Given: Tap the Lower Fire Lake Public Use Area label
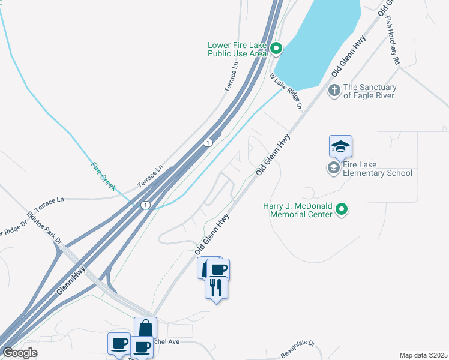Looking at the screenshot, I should pyautogui.click(x=237, y=49).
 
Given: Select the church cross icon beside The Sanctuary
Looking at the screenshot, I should pyautogui.click(x=334, y=91).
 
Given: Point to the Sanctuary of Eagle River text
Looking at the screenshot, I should pyautogui.click(x=370, y=91).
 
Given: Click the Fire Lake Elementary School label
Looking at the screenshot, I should pyautogui.click(x=377, y=169).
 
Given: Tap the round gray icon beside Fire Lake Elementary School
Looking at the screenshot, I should pyautogui.click(x=333, y=168).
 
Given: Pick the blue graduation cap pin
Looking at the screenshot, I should pyautogui.click(x=340, y=146).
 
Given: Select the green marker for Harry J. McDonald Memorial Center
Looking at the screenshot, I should pyautogui.click(x=342, y=209).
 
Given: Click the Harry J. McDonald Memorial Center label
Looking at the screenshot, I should pyautogui.click(x=298, y=210).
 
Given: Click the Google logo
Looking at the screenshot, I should pyautogui.click(x=20, y=353).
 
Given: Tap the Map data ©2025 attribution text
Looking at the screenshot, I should pyautogui.click(x=423, y=355).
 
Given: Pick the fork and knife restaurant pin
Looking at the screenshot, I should pyautogui.click(x=216, y=287).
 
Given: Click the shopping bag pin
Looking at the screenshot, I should pyautogui.click(x=145, y=328).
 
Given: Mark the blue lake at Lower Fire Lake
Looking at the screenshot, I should pyautogui.click(x=318, y=42).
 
